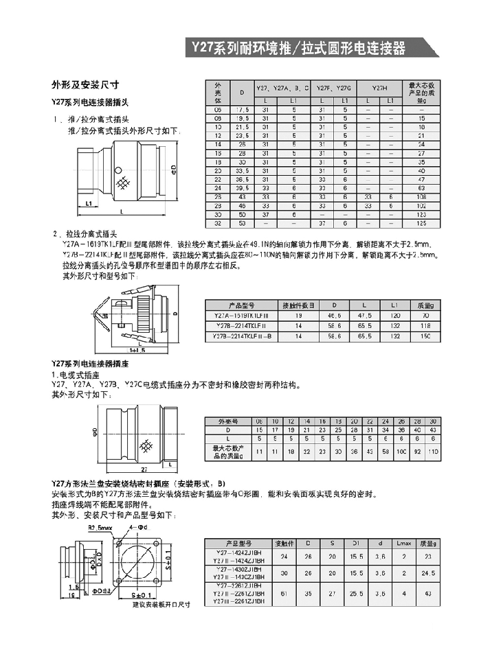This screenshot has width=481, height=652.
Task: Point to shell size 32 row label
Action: pyautogui.click(x=219, y=223)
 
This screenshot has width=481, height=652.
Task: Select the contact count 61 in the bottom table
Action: pyautogui.click(x=284, y=592)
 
